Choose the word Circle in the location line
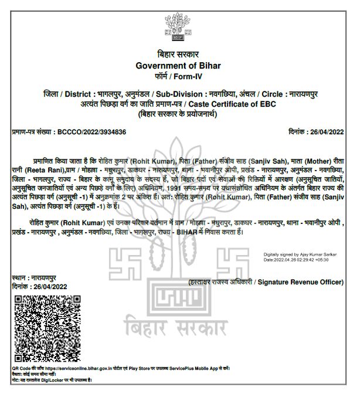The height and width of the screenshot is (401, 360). [270, 94]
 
